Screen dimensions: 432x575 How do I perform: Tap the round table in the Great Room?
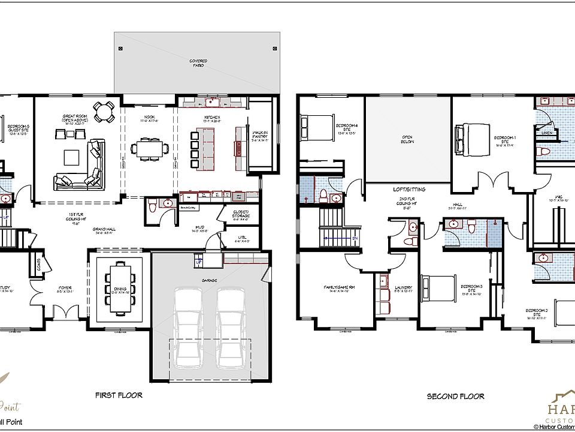[x=105, y=112]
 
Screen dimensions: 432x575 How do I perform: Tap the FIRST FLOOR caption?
[x=119, y=395]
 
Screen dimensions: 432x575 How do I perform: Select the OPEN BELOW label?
[x=408, y=140]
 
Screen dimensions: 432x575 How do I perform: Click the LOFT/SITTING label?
[x=409, y=189]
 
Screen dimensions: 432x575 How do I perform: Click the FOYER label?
[x=65, y=288]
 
